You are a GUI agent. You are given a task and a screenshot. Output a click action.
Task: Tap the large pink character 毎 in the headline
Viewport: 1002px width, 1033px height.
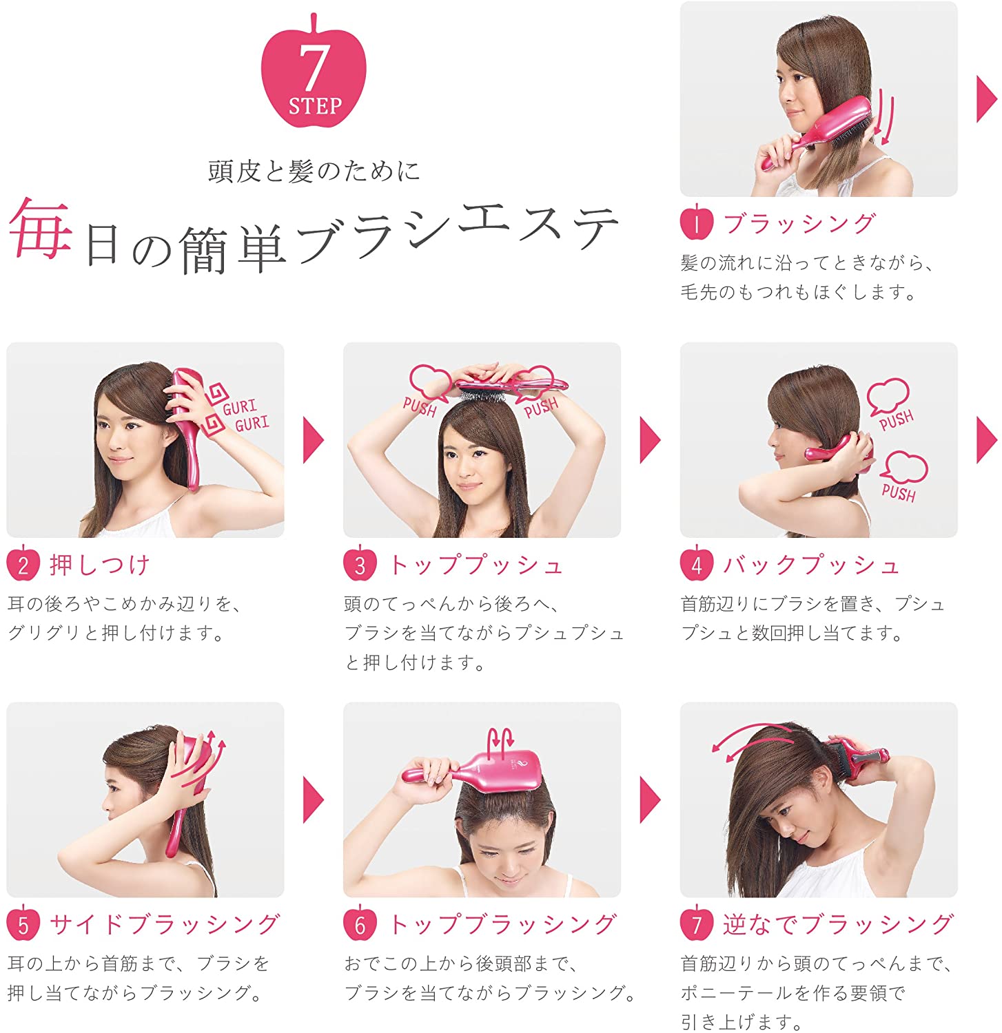pyautogui.click(x=40, y=229)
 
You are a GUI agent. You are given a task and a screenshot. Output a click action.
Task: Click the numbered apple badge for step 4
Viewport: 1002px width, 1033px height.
pyautogui.click(x=697, y=565)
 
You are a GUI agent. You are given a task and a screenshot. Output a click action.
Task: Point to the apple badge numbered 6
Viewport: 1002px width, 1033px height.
pyautogui.click(x=360, y=924)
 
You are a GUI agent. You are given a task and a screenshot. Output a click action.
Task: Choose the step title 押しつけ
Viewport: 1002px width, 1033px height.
pyautogui.click(x=100, y=565)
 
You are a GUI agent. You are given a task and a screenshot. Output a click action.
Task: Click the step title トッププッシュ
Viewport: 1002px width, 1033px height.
pyautogui.click(x=476, y=565)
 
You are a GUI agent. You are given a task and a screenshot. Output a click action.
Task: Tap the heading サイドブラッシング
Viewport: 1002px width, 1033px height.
pyautogui.click(x=165, y=924)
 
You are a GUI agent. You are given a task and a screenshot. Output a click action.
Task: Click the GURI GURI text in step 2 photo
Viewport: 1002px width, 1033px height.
pyautogui.click(x=245, y=415)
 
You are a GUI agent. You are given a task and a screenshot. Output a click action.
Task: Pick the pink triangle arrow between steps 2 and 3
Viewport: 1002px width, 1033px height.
pyautogui.click(x=313, y=440)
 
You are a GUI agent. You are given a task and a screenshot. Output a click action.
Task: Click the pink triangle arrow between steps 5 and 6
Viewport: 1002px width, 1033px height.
pyautogui.click(x=313, y=800)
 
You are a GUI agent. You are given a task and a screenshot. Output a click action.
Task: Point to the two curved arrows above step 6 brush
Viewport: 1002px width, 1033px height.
pyautogui.click(x=500, y=741)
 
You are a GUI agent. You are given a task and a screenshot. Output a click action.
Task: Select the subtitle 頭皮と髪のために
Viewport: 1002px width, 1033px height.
pyautogui.click(x=314, y=171)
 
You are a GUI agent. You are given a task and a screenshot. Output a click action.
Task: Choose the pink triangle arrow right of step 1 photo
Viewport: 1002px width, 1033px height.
pyautogui.click(x=987, y=99)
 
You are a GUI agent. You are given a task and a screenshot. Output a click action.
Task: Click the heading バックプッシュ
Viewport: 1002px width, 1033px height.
pyautogui.click(x=812, y=565)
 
